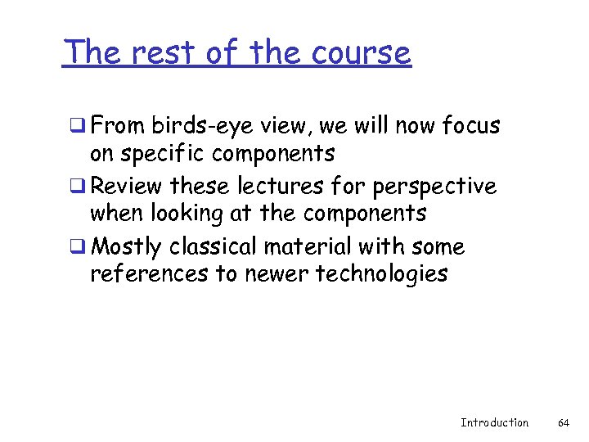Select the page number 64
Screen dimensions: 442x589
coord(563,423)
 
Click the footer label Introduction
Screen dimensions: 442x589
coord(494,423)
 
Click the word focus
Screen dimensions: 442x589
coord(470,126)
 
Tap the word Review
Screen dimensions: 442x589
coord(127,187)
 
